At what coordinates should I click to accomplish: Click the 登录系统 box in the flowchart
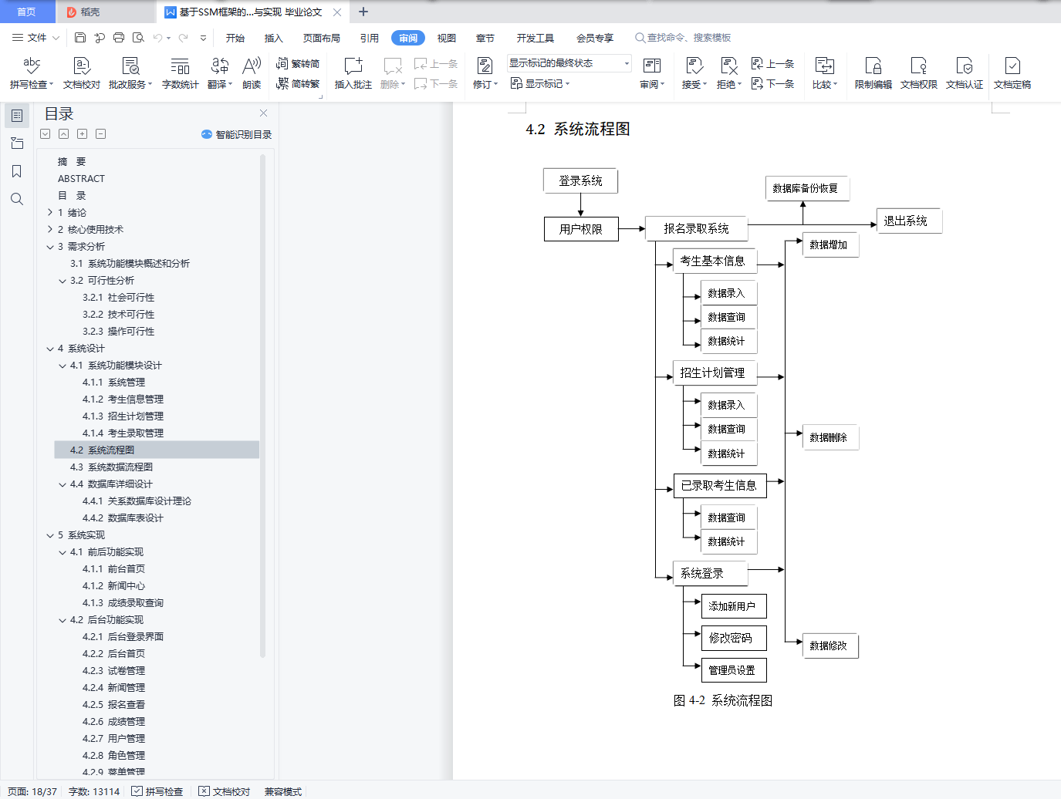point(580,180)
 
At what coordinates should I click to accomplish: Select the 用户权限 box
point(581,229)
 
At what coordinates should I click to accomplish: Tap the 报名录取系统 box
point(696,228)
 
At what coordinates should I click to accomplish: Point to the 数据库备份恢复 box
point(806,188)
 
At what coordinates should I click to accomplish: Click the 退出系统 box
point(908,221)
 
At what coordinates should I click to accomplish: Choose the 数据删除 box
point(830,437)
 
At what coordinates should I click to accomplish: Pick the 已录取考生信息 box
point(719,485)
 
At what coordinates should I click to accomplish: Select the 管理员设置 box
point(732,670)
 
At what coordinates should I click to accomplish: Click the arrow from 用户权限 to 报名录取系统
point(631,229)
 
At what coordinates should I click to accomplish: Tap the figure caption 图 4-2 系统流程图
point(722,700)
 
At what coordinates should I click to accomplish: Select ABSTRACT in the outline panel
point(81,178)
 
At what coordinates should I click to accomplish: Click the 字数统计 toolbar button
point(180,72)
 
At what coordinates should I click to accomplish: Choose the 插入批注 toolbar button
point(353,72)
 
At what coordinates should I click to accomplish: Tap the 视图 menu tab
point(446,38)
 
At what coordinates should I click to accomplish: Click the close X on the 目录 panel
point(263,113)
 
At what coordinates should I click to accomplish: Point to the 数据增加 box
point(830,244)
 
